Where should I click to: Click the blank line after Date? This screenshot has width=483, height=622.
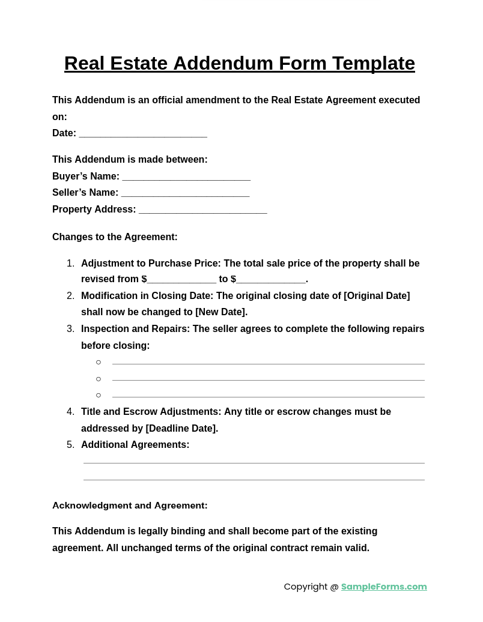[x=143, y=134]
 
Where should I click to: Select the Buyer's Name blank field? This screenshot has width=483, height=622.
[x=186, y=177]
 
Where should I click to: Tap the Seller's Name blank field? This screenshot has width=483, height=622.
[x=185, y=193]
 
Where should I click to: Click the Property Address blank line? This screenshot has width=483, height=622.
[x=203, y=210]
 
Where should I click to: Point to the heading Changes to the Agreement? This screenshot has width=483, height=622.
[x=115, y=237]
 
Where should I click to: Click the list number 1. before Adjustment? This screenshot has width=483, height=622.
[x=70, y=264]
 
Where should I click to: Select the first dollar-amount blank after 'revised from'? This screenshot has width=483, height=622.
[x=181, y=280]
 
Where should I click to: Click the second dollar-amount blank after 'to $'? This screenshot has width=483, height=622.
[x=271, y=280]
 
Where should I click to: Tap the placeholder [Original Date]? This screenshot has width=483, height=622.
[x=377, y=296]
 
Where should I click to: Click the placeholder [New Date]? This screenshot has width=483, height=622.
[x=220, y=312]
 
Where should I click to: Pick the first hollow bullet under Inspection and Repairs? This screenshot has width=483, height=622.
[x=99, y=362]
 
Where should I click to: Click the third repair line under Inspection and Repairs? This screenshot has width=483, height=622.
[x=268, y=396]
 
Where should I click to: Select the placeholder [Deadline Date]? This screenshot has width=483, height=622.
[x=181, y=429]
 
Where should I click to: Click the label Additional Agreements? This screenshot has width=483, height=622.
[x=135, y=445]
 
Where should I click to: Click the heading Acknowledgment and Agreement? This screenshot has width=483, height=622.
[x=130, y=506]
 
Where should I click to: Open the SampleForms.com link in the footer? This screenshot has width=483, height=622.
[x=384, y=587]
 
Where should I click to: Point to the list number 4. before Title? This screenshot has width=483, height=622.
[x=70, y=412]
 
